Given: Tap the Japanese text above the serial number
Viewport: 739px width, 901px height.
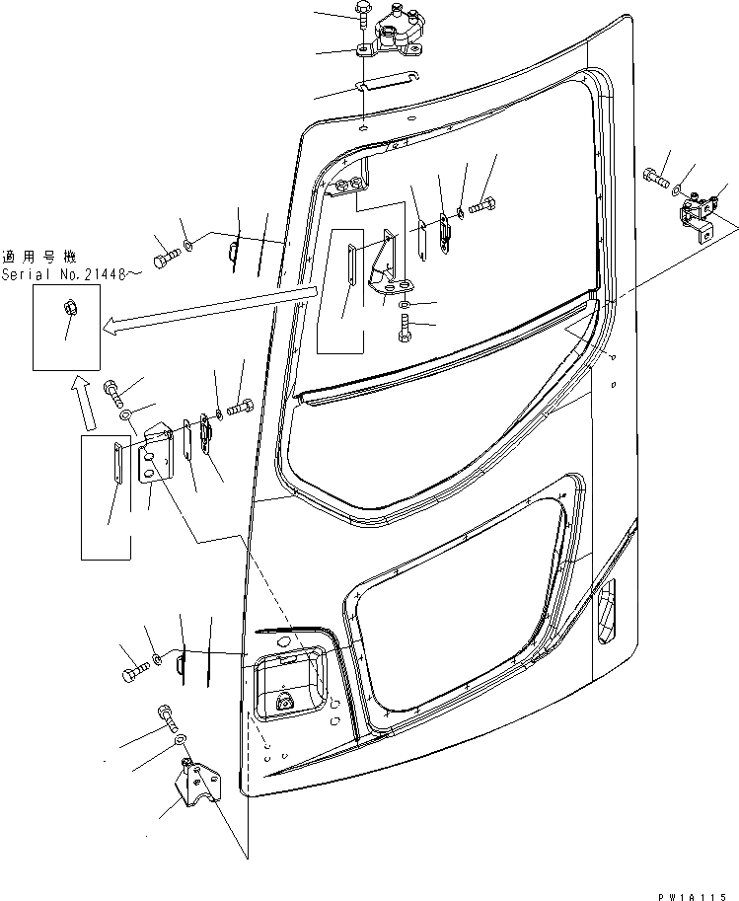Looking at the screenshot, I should tap(37, 256).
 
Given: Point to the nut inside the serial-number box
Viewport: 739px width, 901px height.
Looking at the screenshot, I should tap(67, 307).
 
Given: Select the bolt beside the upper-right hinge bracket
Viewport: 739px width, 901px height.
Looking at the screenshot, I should tap(655, 179).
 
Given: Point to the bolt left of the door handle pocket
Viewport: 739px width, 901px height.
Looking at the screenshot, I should tap(134, 674).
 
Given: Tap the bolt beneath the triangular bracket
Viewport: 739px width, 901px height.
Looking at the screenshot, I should tap(406, 331).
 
